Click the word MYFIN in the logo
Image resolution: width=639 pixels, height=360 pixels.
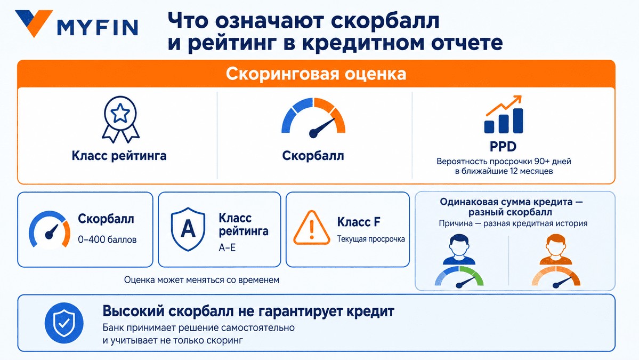click(98, 28)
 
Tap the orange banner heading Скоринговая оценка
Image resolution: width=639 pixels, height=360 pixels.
click(316, 74)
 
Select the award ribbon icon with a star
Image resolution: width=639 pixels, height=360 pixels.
click(120, 119)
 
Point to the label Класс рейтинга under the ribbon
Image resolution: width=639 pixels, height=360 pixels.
click(119, 156)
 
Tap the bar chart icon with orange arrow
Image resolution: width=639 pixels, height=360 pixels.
click(503, 115)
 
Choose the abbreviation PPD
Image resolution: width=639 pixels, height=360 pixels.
click(503, 146)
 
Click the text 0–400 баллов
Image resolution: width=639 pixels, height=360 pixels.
click(107, 239)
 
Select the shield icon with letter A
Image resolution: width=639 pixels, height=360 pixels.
click(188, 229)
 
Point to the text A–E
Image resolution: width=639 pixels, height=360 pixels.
click(227, 247)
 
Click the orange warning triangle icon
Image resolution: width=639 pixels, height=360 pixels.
click(312, 228)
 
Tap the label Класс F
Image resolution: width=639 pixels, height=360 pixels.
click(359, 222)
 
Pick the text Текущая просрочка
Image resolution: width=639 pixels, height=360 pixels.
click(371, 239)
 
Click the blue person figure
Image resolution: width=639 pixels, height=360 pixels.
click(459, 250)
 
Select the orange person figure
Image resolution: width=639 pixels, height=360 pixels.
click(556, 250)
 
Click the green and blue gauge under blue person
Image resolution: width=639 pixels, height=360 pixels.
click(459, 277)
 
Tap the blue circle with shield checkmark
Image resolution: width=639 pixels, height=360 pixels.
click(64, 323)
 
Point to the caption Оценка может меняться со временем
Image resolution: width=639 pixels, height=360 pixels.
click(202, 280)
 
